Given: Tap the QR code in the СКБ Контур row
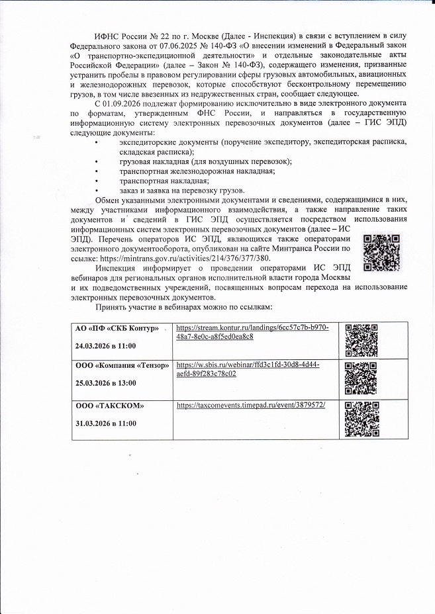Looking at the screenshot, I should click(x=362, y=338).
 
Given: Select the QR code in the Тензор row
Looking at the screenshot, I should click(x=362, y=376).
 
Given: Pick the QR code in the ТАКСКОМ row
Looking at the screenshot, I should click(x=362, y=416).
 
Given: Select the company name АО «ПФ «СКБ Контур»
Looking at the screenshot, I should click(x=117, y=329).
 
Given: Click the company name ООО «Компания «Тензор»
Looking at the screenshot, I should click(x=122, y=366).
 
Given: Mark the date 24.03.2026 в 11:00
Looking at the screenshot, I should click(x=105, y=345).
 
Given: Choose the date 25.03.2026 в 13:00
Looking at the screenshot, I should click(x=105, y=383).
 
